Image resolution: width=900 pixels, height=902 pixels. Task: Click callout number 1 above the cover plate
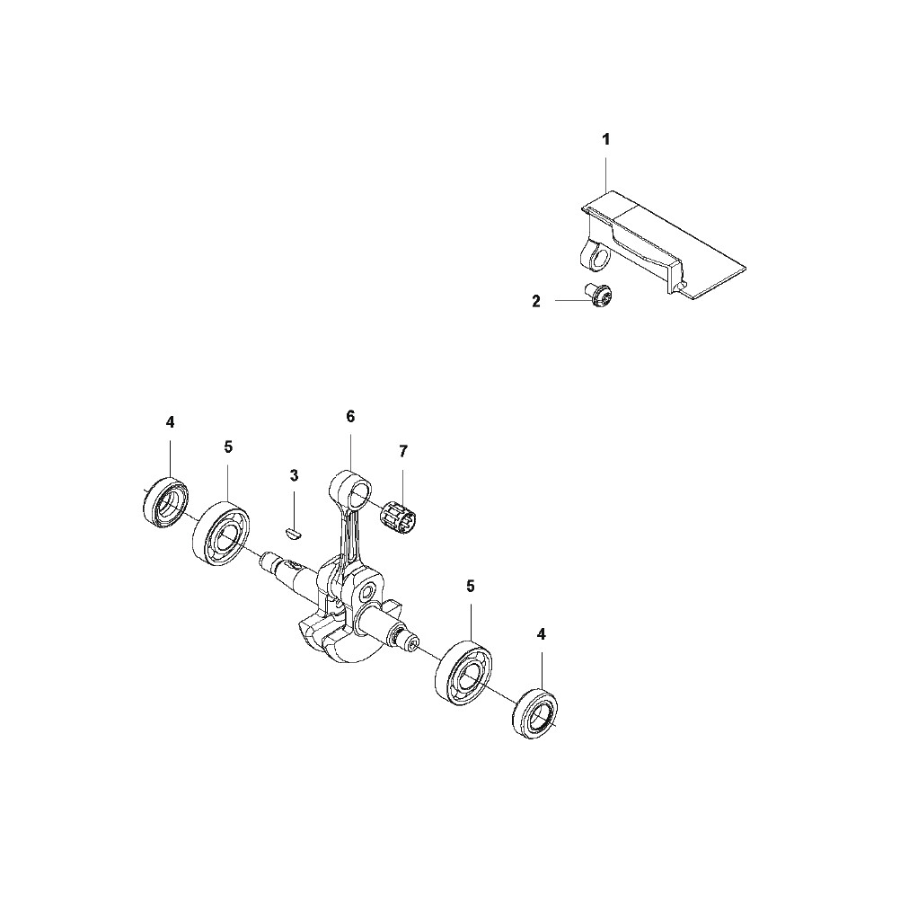(605, 139)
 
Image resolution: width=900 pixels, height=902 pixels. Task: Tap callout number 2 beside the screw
(536, 302)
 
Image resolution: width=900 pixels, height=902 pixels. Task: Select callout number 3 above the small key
(294, 475)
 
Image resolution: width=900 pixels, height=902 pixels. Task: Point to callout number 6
(351, 416)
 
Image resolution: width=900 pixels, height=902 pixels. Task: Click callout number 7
(403, 451)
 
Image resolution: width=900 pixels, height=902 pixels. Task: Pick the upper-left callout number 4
(170, 422)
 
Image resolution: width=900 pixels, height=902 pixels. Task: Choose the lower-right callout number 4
(541, 634)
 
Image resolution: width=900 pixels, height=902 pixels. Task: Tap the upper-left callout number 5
(228, 447)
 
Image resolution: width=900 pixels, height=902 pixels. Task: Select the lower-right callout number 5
(471, 586)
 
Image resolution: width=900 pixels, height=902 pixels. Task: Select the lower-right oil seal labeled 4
(535, 712)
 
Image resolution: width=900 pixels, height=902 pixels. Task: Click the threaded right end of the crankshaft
(410, 641)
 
